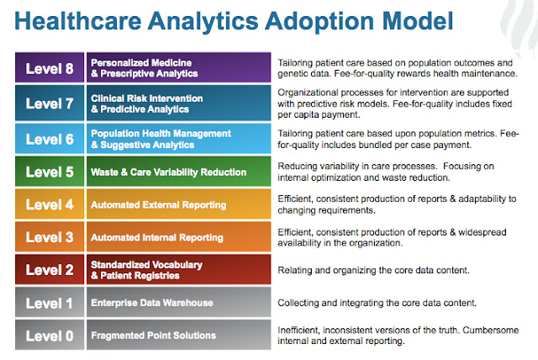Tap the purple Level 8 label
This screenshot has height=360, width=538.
[x=50, y=67]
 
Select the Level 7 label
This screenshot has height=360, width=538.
[x=50, y=104]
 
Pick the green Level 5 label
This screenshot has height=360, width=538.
[x=50, y=172]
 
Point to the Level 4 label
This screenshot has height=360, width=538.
[x=50, y=204]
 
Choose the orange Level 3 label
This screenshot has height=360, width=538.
[x=50, y=237]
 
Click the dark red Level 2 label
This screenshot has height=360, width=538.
[x=50, y=269]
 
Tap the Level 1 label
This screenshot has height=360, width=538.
[x=50, y=302]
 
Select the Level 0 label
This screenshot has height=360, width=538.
[x=50, y=335]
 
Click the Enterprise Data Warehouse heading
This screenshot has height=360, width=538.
[x=151, y=302]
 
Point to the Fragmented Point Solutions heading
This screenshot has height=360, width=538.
[x=152, y=336]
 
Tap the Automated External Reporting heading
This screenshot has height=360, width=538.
[x=158, y=204]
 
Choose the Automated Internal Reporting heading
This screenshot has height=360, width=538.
[x=157, y=237]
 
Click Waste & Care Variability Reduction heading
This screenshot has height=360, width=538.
[x=168, y=172]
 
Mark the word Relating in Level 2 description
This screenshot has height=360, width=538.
[x=296, y=270]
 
